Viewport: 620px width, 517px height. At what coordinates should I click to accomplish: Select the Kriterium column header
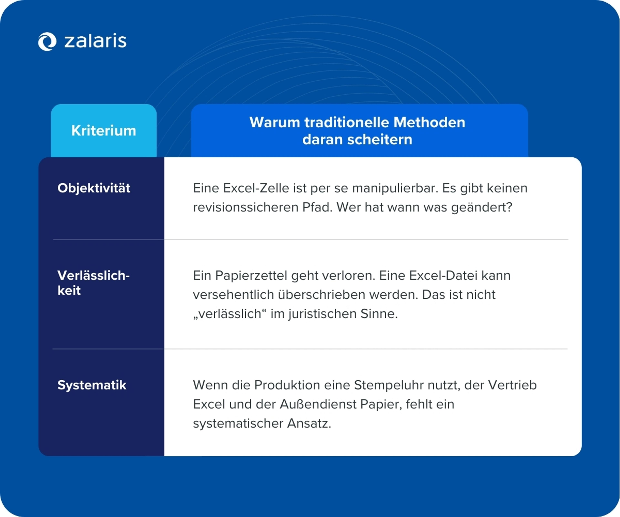coord(104,131)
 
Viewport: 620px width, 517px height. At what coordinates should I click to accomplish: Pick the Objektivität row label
coord(94,188)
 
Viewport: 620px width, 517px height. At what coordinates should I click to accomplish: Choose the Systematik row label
coord(92,385)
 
